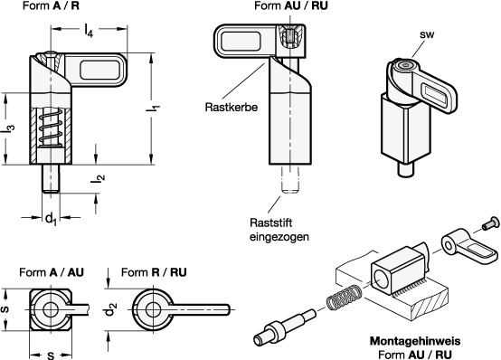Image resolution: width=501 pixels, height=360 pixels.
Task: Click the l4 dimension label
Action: pyautogui.click(x=89, y=31)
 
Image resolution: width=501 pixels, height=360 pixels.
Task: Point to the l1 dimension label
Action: pyautogui.click(x=153, y=108)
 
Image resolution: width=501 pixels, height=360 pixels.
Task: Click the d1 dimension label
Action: pyautogui.click(x=51, y=220)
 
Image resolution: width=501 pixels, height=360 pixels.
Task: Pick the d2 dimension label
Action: pyautogui.click(x=111, y=309)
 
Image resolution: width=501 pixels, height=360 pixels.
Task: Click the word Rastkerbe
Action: pyautogui.click(x=232, y=107)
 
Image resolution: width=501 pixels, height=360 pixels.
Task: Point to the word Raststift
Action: pyautogui.click(x=271, y=223)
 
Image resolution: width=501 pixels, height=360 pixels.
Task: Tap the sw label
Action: pyautogui.click(x=427, y=34)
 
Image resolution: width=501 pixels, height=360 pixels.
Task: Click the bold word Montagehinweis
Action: pyautogui.click(x=415, y=341)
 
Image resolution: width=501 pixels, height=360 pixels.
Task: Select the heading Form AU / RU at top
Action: pyautogui.click(x=291, y=5)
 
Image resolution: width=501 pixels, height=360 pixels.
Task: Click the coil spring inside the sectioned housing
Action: pyautogui.click(x=51, y=128)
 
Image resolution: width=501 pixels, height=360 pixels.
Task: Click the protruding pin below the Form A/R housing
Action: pyautogui.click(x=51, y=178)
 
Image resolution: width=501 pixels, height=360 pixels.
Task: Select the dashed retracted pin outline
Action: pyautogui.click(x=289, y=180)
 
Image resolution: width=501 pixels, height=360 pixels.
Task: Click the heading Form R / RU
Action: pyautogui.click(x=154, y=272)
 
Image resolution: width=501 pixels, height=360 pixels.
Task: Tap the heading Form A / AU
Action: pyautogui.click(x=52, y=272)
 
